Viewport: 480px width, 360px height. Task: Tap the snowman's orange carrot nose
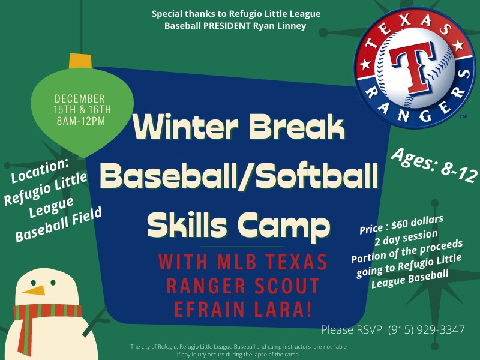coord(37,290)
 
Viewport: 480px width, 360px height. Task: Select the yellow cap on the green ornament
coord(79,61)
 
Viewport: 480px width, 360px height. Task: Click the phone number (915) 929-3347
coord(426,329)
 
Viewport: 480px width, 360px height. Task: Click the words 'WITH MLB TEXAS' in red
coord(242,263)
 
